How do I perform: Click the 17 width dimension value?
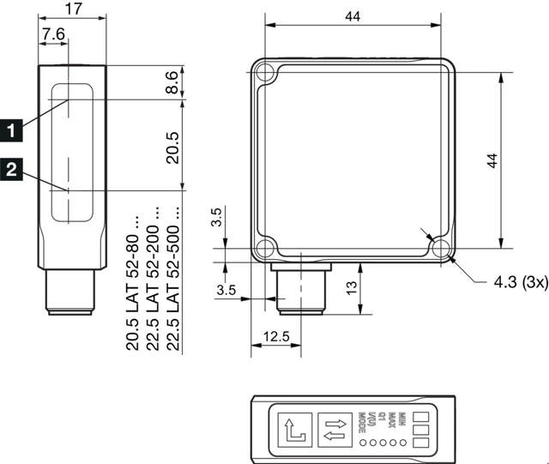(73, 10)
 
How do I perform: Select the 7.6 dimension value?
(53, 34)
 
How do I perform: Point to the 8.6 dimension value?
(172, 83)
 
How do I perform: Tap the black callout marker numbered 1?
(11, 130)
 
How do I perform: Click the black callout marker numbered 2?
(11, 170)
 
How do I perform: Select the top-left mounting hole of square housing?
(265, 70)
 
